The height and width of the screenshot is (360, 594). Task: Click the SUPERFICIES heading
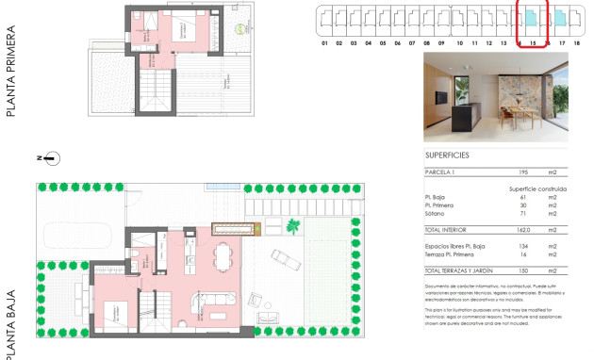pyautogui.click(x=447, y=155)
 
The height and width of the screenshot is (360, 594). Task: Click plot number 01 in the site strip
pyautogui.click(x=324, y=43)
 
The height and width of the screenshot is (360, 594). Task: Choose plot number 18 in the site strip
pyautogui.click(x=576, y=43)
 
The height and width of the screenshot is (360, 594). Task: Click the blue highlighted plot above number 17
pyautogui.click(x=561, y=18)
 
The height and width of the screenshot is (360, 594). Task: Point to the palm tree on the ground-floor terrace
pyautogui.click(x=293, y=227)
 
